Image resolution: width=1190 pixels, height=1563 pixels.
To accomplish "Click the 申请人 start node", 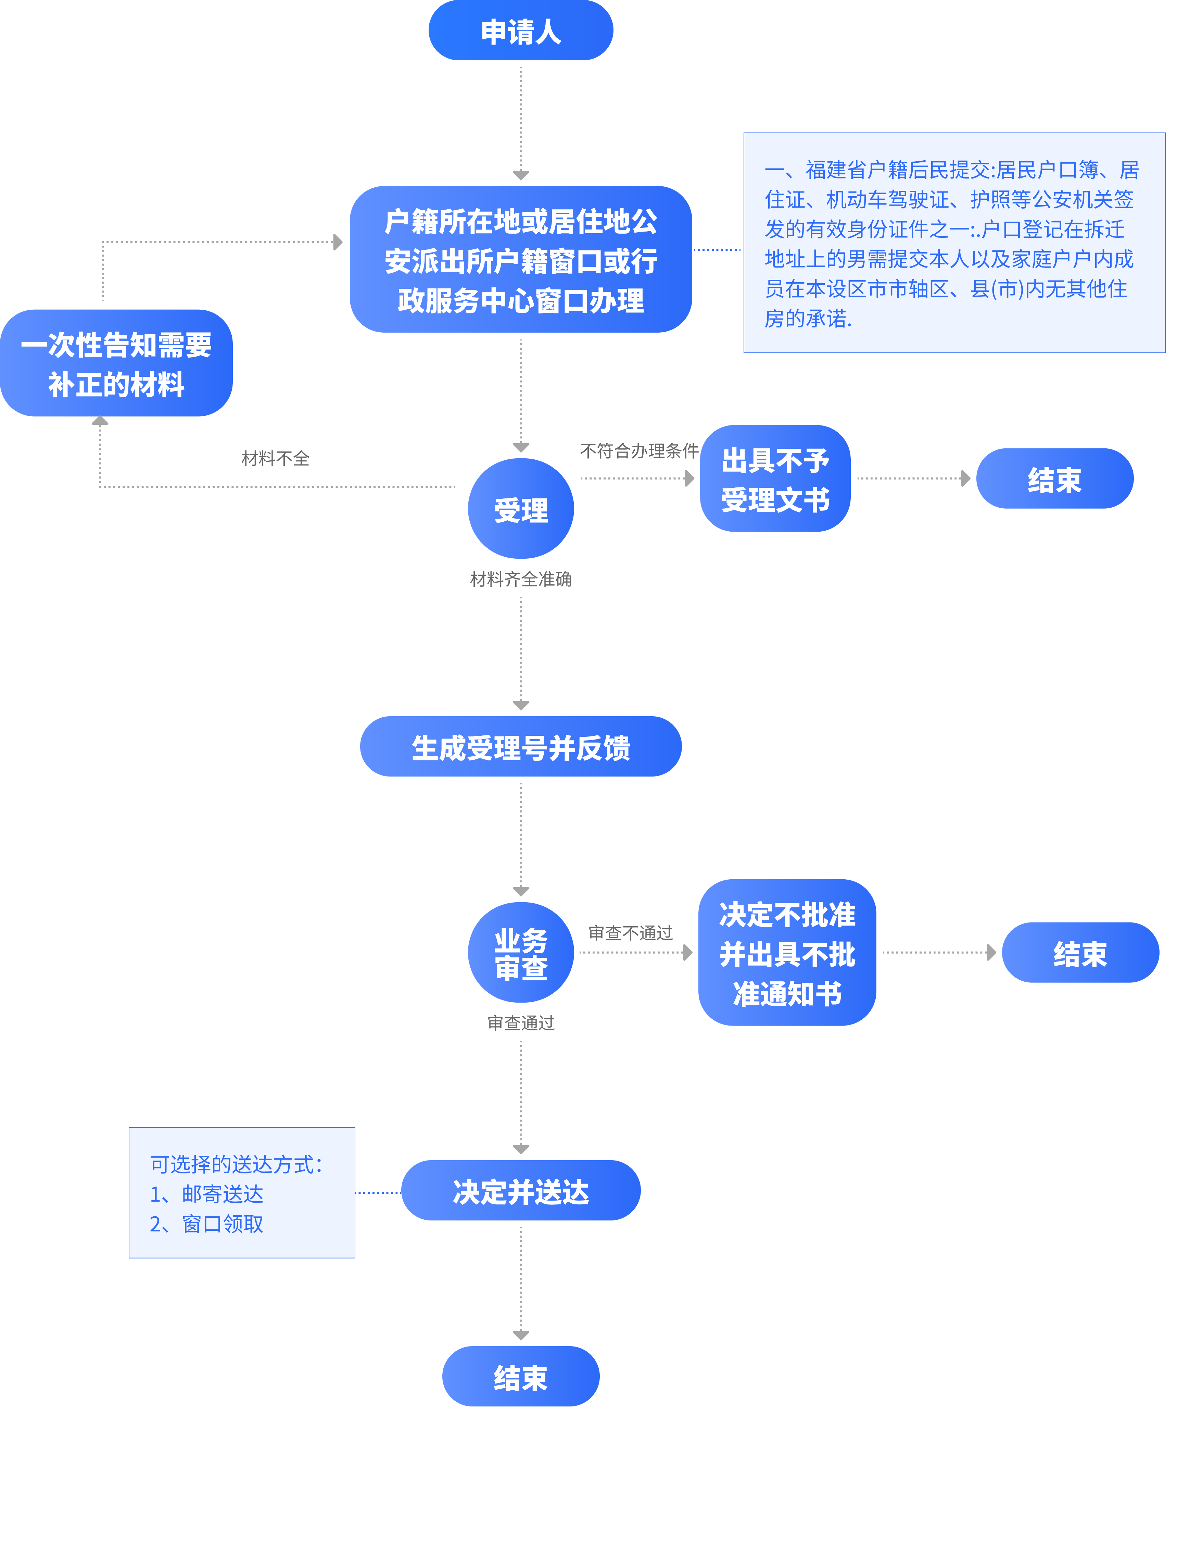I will tap(521, 31).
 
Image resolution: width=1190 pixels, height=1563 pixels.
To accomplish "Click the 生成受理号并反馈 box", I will tap(521, 747).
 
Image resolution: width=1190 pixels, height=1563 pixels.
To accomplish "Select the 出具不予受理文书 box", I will tap(775, 479).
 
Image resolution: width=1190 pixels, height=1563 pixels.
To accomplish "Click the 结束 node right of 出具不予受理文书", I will tap(1054, 479).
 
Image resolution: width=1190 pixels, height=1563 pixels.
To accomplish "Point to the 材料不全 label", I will tap(276, 458).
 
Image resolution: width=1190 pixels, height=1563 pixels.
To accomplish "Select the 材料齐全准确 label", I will tap(521, 579).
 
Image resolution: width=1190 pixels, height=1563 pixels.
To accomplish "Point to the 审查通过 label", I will tap(521, 1022).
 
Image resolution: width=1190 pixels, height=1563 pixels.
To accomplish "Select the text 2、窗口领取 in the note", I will tap(207, 1224).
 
